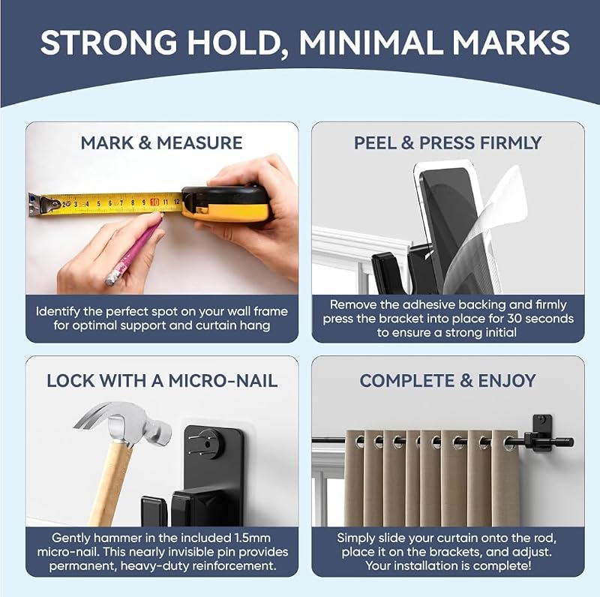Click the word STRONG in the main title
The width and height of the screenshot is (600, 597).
click(109, 42)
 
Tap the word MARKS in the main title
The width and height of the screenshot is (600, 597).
click(511, 42)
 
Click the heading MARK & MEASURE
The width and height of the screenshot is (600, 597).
click(161, 143)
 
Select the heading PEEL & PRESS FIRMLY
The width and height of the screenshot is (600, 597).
click(448, 143)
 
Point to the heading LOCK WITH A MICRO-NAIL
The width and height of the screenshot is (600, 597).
click(162, 381)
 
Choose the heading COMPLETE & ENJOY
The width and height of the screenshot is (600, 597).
click(448, 381)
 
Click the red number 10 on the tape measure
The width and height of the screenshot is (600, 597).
click(154, 202)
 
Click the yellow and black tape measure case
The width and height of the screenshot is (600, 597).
click(226, 203)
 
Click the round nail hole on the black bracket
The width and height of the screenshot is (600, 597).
click(208, 445)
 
